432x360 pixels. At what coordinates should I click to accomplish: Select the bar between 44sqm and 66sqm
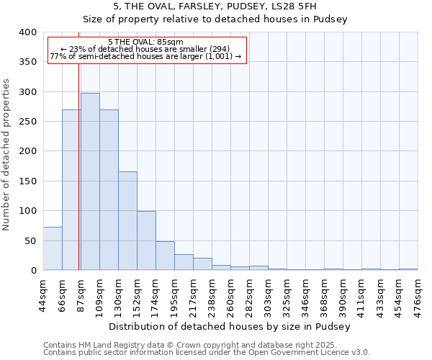click(x=53, y=248)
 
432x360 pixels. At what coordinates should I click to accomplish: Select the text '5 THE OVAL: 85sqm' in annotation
click(x=145, y=42)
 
